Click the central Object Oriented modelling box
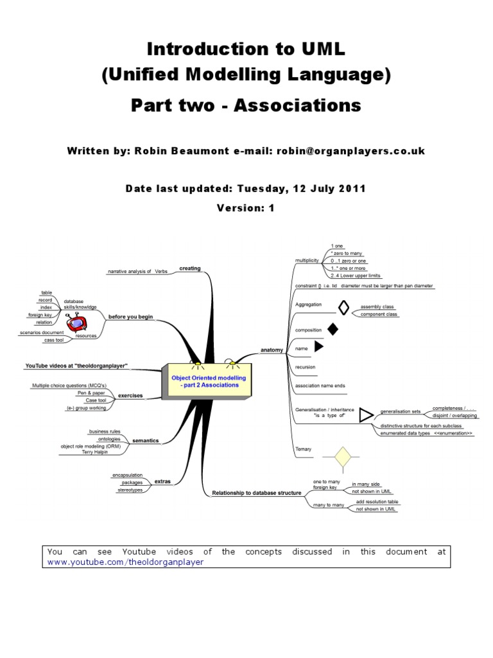205,382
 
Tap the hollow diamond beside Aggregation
343,308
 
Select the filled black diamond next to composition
333,329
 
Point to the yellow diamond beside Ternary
341,457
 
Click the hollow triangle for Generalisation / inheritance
365,415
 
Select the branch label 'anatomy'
272,350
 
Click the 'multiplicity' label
306,260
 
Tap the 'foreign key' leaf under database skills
40,315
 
